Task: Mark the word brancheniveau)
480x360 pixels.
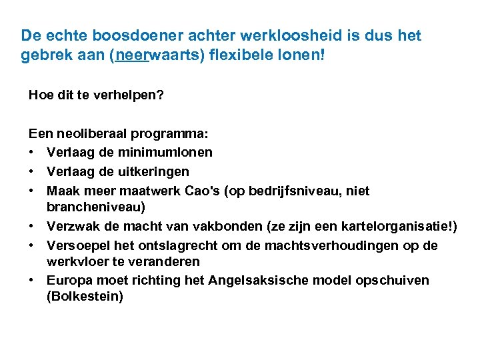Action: tap(96, 206)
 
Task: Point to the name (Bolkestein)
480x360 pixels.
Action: tap(85, 295)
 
